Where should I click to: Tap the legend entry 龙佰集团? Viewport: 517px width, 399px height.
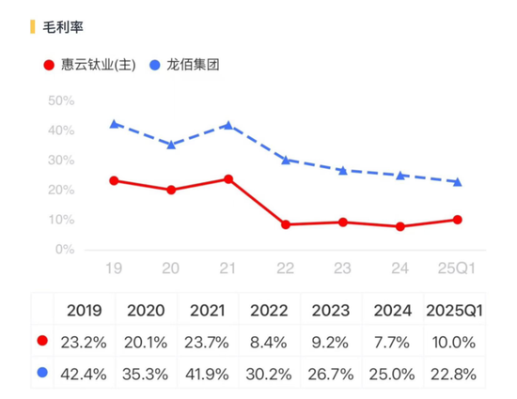point(194,65)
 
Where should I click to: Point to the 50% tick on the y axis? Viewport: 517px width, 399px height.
point(60,100)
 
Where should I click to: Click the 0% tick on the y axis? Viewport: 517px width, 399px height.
point(64,250)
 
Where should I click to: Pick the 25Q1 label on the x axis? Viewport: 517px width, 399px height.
point(457,269)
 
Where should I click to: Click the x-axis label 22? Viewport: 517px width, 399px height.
point(285,269)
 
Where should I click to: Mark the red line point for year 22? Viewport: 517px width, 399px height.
point(285,224)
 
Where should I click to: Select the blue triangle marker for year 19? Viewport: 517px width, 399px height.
point(114,124)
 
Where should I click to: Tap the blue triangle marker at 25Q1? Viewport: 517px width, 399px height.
point(457,181)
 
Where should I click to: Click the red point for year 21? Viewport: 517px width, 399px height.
point(227,178)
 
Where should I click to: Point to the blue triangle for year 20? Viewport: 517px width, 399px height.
point(170,145)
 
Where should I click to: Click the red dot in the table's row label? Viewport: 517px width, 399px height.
point(41,342)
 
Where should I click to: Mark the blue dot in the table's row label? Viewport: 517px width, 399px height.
point(41,373)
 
